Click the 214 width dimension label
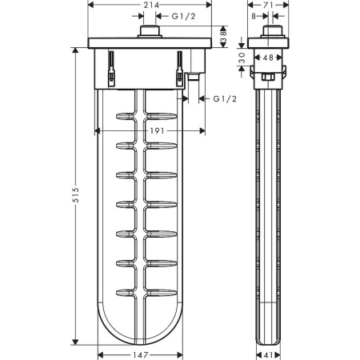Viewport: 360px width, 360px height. [x=151, y=5]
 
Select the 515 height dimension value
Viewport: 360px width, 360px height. [x=76, y=195]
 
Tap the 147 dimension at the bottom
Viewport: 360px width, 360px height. [x=141, y=355]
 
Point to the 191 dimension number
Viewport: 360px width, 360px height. [x=158, y=130]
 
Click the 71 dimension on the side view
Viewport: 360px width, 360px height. [x=269, y=5]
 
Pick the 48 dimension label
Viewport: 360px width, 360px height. [x=268, y=58]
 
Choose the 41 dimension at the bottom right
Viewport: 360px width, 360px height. [x=269, y=355]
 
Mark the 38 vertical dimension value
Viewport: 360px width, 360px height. [x=223, y=37]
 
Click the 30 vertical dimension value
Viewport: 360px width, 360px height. [x=242, y=58]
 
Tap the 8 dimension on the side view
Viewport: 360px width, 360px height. [x=254, y=16]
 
